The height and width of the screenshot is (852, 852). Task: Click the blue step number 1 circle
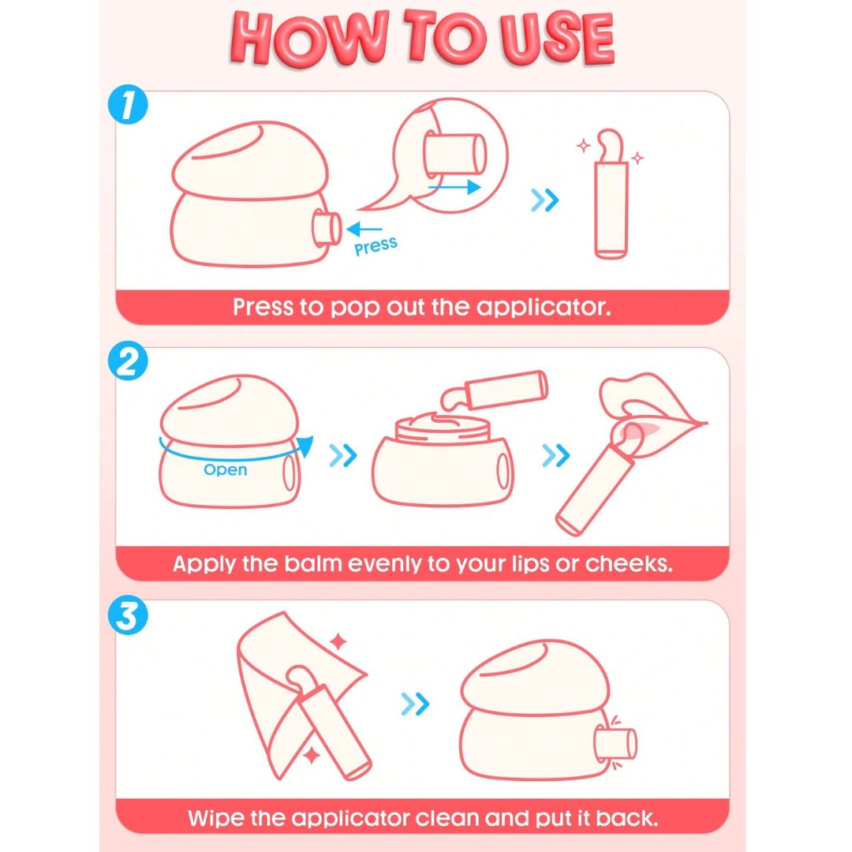pyautogui.click(x=129, y=104)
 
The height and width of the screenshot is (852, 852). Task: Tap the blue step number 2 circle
pyautogui.click(x=129, y=361)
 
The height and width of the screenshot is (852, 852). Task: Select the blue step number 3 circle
pyautogui.click(x=129, y=615)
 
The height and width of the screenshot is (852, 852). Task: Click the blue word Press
pyautogui.click(x=376, y=246)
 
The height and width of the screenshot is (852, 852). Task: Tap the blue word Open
pyautogui.click(x=226, y=470)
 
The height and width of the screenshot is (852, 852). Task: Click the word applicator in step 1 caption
pyautogui.click(x=544, y=308)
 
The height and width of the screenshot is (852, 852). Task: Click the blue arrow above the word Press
pyautogui.click(x=364, y=230)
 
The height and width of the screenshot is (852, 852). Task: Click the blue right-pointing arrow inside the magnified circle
pyautogui.click(x=454, y=188)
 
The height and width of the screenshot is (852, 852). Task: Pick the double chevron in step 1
pyautogui.click(x=544, y=200)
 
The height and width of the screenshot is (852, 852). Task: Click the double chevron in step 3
pyautogui.click(x=415, y=704)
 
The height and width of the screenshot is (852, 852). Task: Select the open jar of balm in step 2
pyautogui.click(x=443, y=459)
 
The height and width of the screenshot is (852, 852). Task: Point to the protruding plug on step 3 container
pyautogui.click(x=616, y=743)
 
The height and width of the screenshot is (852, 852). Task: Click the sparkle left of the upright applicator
pyautogui.click(x=584, y=146)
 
